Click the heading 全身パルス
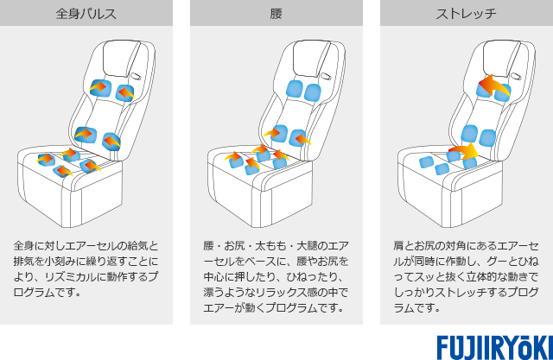[86, 15]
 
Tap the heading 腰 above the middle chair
[276, 15]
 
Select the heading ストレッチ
[467, 15]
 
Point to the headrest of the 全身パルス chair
[119, 58]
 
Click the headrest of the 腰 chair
[309, 58]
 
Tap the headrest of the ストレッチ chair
[499, 58]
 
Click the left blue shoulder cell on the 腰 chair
[293, 89]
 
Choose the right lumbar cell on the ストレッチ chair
[488, 137]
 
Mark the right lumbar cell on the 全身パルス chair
[112, 141]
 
